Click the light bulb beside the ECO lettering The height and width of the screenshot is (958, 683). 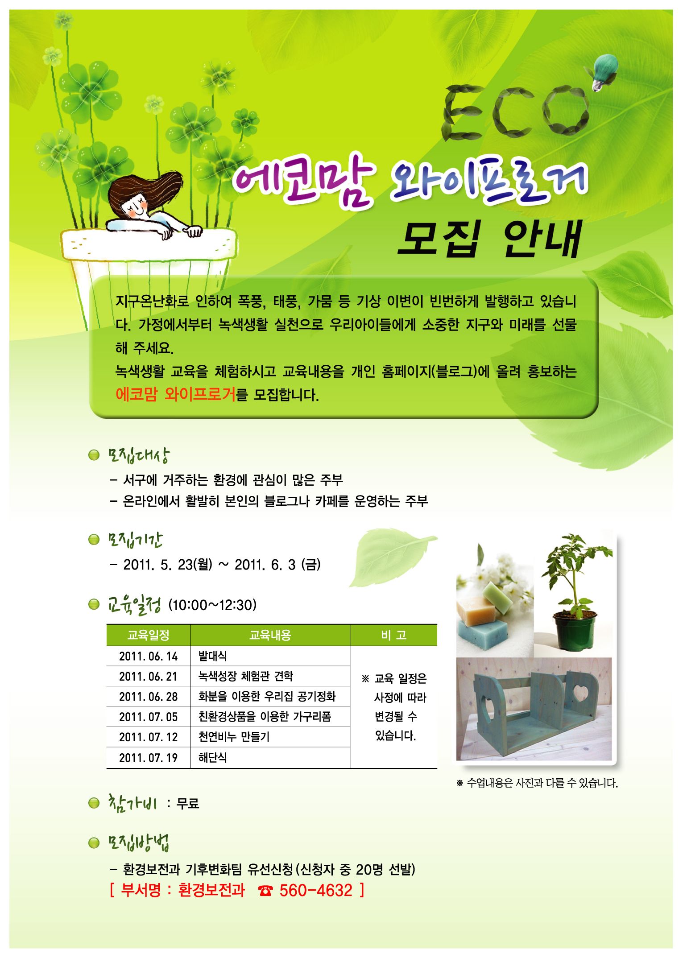point(603,70)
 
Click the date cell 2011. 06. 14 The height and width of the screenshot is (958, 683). point(148,656)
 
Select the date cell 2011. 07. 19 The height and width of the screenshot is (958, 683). point(148,758)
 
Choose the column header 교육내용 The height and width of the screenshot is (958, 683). point(270,635)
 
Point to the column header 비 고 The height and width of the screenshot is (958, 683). point(393,635)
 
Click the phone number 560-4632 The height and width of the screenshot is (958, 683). point(316,890)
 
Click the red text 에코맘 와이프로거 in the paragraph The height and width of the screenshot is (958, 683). point(175,394)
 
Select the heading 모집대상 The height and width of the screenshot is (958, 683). point(138,455)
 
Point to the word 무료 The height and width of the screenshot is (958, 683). point(188,804)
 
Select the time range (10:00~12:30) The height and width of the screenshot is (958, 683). point(212,605)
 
